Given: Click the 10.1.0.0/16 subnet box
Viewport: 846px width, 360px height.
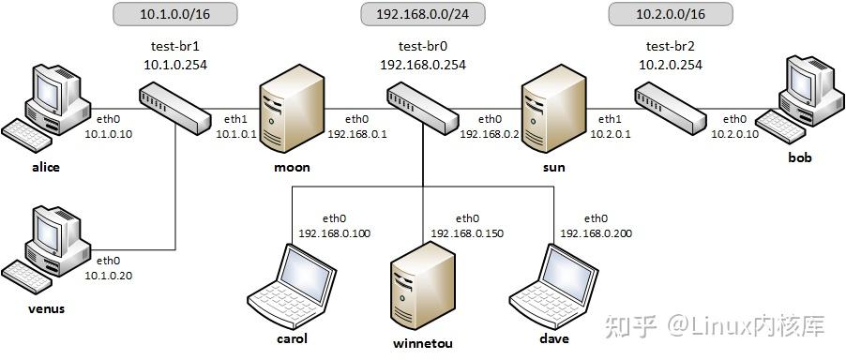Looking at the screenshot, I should (x=174, y=15).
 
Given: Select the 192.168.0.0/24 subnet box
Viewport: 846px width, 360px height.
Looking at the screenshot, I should (x=422, y=15).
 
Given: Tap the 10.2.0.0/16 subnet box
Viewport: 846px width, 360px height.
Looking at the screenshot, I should (x=669, y=15).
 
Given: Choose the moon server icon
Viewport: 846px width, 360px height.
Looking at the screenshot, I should (x=286, y=114).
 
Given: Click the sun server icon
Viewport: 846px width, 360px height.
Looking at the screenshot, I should (x=547, y=114).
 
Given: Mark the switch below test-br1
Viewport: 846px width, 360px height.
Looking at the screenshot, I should (x=175, y=107).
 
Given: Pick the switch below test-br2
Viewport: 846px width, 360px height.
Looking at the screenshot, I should (x=669, y=107).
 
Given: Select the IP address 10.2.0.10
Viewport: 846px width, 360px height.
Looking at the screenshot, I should (x=734, y=134).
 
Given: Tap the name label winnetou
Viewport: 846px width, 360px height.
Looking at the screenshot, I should (x=423, y=343).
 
